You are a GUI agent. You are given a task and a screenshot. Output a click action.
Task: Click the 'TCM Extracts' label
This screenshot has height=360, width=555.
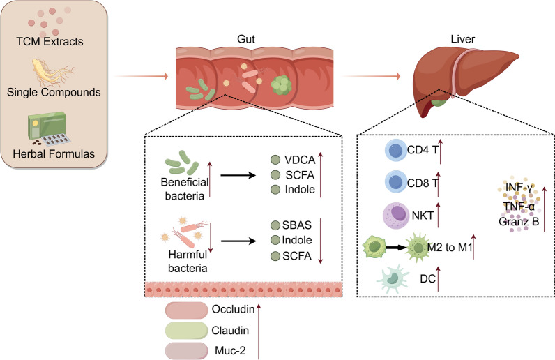point(50,41)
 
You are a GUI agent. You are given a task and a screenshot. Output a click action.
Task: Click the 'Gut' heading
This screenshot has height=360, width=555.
point(246,39)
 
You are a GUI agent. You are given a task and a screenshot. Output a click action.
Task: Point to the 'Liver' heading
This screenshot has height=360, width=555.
point(463,39)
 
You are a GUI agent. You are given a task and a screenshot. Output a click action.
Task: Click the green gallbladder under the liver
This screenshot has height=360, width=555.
point(439,103)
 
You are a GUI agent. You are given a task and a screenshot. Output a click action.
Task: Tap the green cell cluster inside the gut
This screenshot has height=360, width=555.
point(282,85)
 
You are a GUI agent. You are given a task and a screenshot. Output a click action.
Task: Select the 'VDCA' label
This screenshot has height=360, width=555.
point(300,160)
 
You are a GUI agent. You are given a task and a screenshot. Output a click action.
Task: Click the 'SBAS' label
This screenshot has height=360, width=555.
point(297,225)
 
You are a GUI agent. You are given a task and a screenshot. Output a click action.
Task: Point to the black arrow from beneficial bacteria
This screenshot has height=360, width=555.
point(238,175)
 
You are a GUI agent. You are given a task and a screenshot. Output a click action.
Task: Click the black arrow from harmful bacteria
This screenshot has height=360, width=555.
point(238,241)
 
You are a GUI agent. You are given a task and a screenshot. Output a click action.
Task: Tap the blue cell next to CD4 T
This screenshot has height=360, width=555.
point(395,150)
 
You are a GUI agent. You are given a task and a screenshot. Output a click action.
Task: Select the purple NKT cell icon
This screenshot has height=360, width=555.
point(396,215)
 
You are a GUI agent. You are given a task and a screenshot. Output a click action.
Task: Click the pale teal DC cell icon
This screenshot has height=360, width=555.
point(392,278)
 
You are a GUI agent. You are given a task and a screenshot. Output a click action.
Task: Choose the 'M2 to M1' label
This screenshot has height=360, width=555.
point(450,247)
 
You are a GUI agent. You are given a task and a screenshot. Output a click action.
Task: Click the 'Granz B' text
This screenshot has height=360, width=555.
point(519,222)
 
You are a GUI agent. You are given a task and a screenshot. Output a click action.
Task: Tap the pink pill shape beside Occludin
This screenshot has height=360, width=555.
point(187,310)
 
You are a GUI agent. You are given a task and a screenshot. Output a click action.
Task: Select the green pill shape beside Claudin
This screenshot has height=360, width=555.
point(187,330)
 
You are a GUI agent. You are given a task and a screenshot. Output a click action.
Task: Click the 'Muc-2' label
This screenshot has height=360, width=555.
point(230,351)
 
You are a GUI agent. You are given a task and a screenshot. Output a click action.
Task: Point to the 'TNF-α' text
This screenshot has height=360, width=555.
point(519,206)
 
